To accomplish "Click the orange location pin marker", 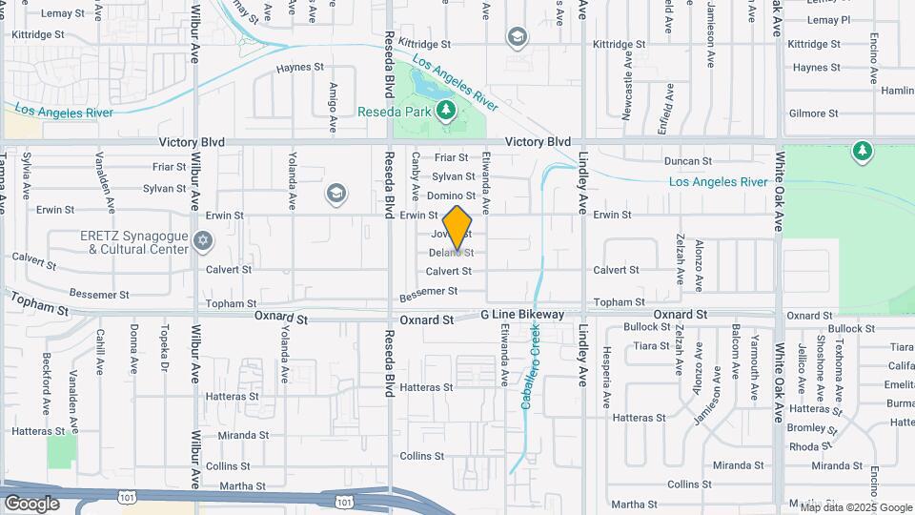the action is [x=457, y=230].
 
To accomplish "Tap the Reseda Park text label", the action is [x=394, y=112].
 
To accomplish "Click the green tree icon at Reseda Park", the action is [x=445, y=112].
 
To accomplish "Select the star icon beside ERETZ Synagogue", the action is [x=202, y=240].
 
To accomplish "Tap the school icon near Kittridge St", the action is [x=518, y=37].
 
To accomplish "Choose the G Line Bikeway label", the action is [x=522, y=315].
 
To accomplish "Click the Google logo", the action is [x=31, y=503].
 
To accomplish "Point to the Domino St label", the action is [x=453, y=196].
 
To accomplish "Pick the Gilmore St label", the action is [x=813, y=113].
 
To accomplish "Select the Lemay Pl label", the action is [x=827, y=20].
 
